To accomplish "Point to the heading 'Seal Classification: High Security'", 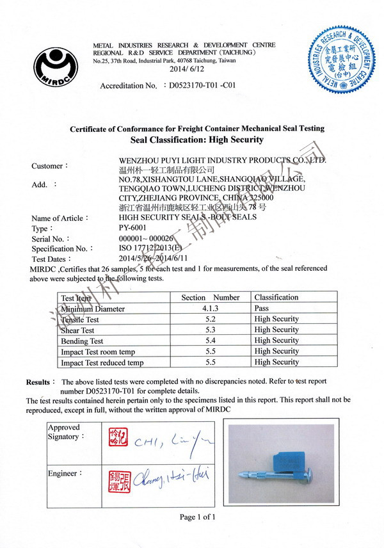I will coord(196,139).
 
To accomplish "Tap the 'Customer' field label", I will coord(47,166).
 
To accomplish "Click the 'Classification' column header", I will coord(276,297).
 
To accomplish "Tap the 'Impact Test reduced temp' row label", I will coord(102,362).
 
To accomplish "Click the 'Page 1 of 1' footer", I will coord(197,517).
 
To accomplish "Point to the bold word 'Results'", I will coord(37,382).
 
